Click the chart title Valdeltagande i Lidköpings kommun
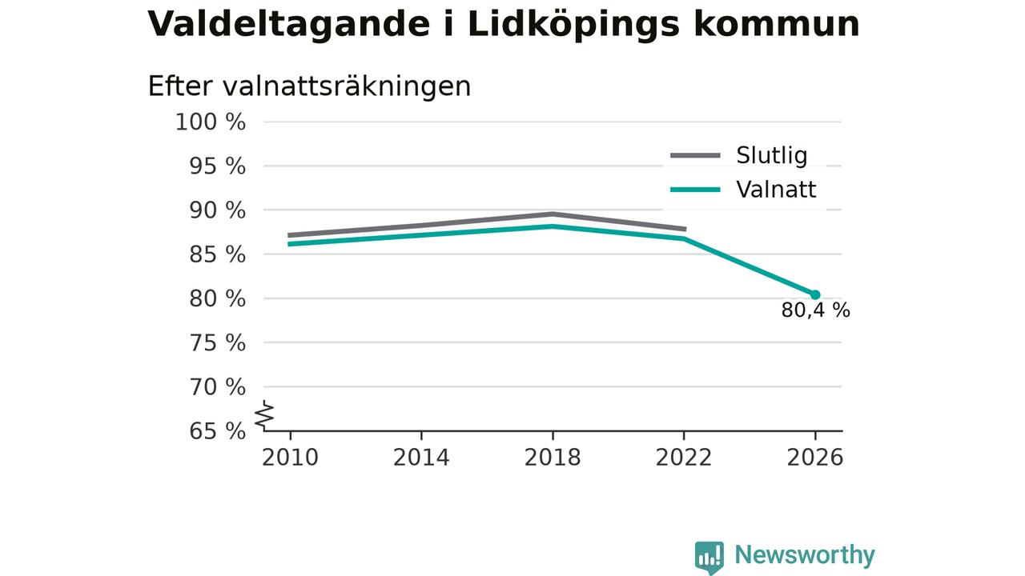(504, 25)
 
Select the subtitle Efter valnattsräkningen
(309, 86)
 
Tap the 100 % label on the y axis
(211, 122)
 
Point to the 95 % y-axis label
(217, 166)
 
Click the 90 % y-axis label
(217, 210)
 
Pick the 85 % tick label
(217, 254)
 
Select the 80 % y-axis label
(217, 299)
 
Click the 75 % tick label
(217, 343)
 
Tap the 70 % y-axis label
(217, 387)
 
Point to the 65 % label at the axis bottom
(217, 431)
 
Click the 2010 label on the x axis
(290, 458)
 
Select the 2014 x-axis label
(421, 458)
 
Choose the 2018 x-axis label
(553, 458)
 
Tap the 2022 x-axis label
(684, 458)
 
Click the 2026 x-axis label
(815, 458)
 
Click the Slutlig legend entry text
(772, 156)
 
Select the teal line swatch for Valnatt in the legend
(696, 190)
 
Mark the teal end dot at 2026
(815, 295)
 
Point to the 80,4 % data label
(816, 310)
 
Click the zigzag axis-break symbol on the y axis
(264, 415)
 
